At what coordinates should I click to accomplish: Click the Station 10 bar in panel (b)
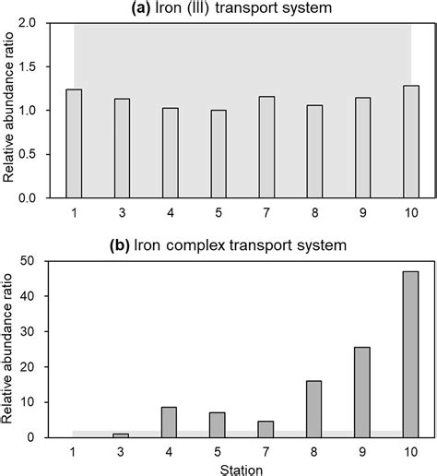pyautogui.click(x=411, y=354)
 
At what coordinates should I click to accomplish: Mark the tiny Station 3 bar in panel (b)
pyautogui.click(x=122, y=434)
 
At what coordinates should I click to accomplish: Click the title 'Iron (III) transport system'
pyautogui.click(x=241, y=9)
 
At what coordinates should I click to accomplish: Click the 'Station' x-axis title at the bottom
pyautogui.click(x=242, y=469)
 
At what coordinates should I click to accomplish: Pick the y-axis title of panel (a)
pyautogui.click(x=12, y=111)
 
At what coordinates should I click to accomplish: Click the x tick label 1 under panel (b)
pyautogui.click(x=74, y=451)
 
